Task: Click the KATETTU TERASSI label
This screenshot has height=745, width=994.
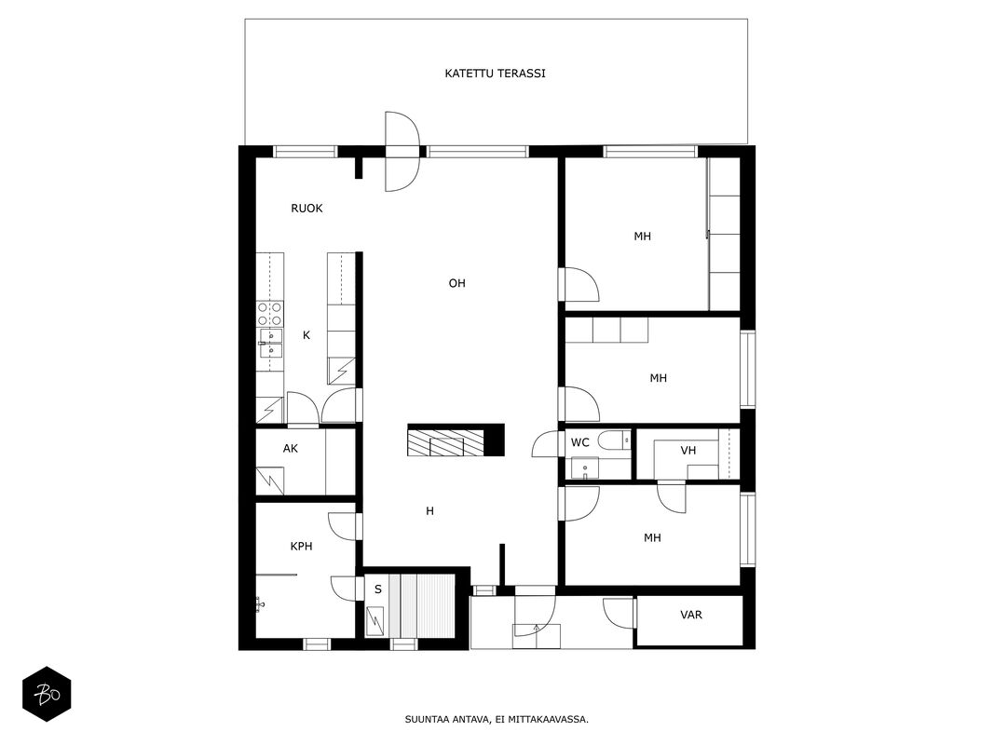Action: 495,74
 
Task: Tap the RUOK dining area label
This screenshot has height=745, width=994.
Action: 306,209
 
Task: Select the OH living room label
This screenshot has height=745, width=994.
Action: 457,283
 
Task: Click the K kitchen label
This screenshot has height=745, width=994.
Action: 306,335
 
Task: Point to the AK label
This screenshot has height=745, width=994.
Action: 291,449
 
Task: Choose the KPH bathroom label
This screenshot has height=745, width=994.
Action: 301,546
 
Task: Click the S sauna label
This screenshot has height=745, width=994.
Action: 378,589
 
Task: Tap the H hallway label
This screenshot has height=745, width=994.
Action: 429,511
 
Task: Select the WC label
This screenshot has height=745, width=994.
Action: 580,443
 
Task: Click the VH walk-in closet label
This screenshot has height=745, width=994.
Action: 688,451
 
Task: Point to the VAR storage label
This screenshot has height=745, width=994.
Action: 691,616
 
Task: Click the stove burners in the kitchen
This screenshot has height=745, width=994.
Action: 269,314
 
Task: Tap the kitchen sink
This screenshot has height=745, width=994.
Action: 270,344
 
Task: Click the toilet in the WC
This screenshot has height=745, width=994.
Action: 614,440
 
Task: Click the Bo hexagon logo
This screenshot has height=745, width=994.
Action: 47,695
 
